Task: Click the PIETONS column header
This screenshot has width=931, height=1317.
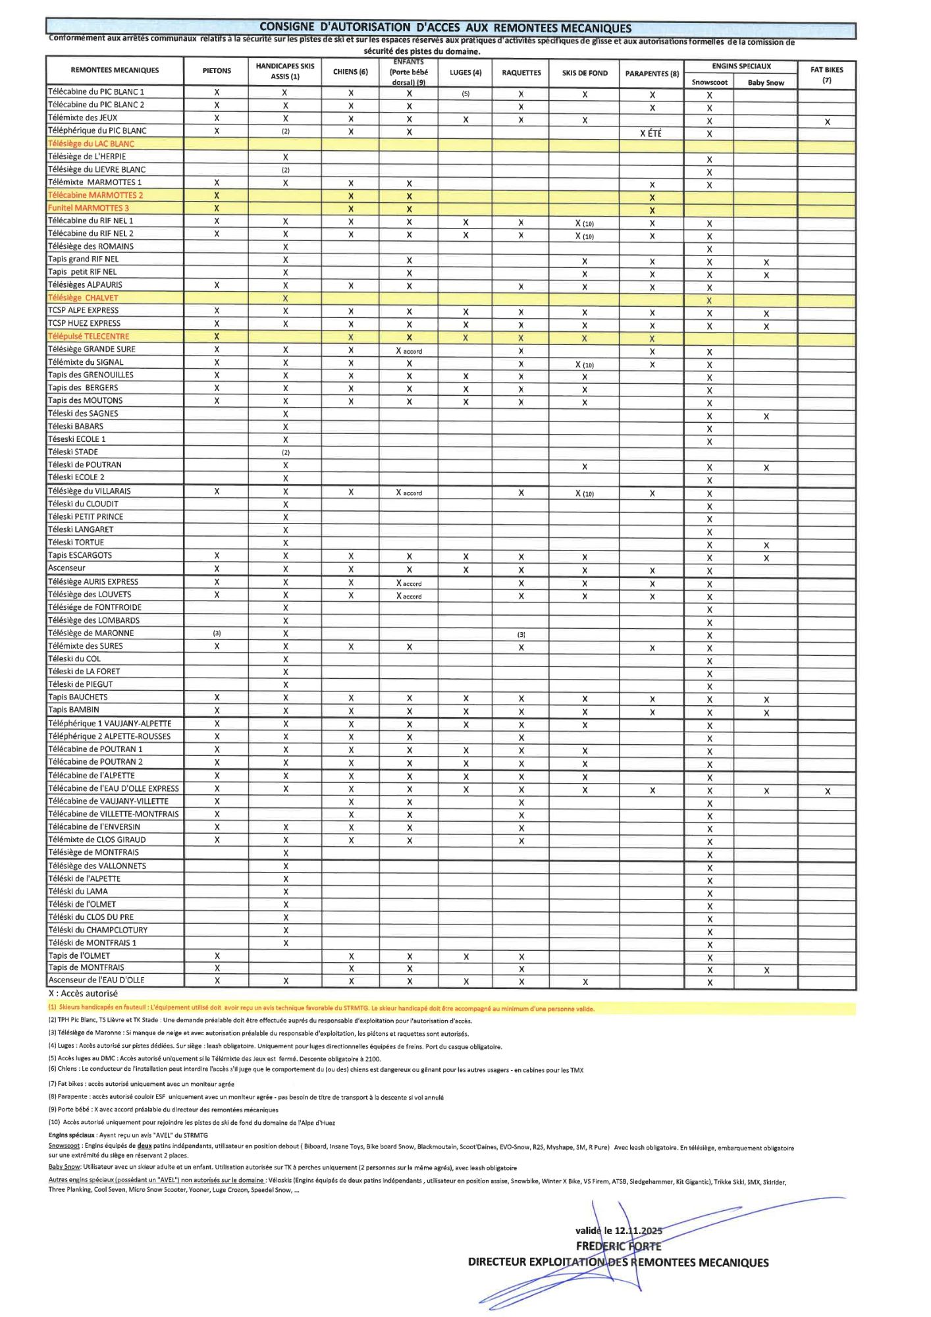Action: coord(217,70)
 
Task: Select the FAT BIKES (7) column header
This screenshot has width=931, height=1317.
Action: coord(826,74)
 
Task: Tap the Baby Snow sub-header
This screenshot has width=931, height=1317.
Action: coord(766,83)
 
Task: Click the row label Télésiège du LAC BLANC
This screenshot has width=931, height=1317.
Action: coord(91,144)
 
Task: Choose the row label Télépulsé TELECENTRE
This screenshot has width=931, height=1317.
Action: coord(88,336)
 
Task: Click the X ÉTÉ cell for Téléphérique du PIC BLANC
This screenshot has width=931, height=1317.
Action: coord(651,133)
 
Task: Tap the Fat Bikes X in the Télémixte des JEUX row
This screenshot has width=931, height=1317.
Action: coord(827,122)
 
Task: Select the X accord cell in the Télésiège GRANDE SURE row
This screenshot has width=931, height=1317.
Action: coord(409,351)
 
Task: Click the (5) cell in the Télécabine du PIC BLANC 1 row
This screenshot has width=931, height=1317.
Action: coord(465,94)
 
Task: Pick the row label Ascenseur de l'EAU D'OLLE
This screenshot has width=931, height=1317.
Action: coord(96,980)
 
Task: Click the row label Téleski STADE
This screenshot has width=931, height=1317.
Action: coord(73,452)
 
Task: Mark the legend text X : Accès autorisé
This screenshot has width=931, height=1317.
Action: coord(83,994)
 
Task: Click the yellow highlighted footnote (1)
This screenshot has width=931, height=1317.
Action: coord(321,1008)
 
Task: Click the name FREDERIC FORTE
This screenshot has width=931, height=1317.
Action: coord(618,1246)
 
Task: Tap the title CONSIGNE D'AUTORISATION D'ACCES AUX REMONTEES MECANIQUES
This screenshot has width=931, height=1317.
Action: coord(445,28)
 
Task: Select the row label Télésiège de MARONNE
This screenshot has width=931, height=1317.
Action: coord(91,633)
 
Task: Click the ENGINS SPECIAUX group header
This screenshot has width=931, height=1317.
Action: coord(741,67)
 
